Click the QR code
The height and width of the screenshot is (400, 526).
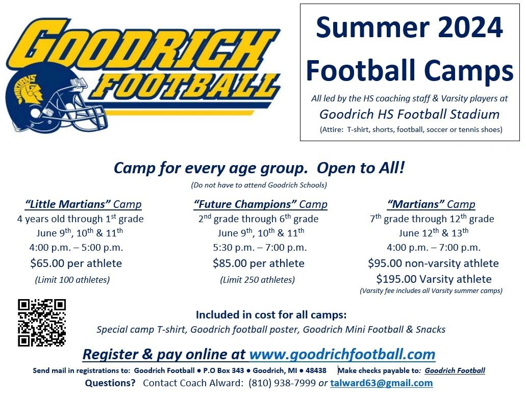click(x=42, y=323)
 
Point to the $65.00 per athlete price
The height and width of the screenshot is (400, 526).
click(x=76, y=263)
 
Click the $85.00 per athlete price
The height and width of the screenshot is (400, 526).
click(x=259, y=263)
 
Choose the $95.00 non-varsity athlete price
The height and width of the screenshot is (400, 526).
click(x=433, y=263)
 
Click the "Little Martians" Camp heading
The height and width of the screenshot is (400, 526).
click(x=83, y=205)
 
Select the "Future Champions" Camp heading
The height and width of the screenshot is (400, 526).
click(x=260, y=205)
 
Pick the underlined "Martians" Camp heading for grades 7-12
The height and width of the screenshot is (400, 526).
click(x=431, y=205)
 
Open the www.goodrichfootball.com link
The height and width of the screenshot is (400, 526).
click(x=342, y=354)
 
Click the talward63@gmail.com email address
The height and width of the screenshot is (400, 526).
click(x=381, y=383)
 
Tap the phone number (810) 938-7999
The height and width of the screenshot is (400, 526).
click(x=282, y=383)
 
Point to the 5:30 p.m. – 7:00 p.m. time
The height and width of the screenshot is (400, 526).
click(x=260, y=248)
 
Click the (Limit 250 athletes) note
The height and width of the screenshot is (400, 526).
click(x=257, y=280)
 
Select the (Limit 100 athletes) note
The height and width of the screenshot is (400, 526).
click(x=72, y=280)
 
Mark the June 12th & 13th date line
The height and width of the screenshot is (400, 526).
click(x=433, y=233)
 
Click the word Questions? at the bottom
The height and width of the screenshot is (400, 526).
click(x=110, y=383)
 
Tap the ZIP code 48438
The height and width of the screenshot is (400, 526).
click(x=314, y=370)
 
